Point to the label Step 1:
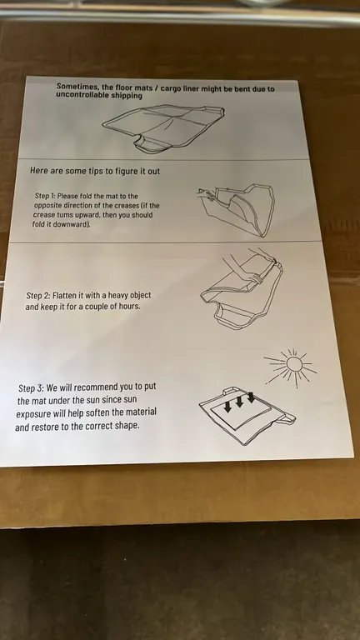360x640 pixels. click(45, 196)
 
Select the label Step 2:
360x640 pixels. click(38, 295)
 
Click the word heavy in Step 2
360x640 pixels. click(118, 295)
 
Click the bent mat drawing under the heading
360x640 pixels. click(163, 128)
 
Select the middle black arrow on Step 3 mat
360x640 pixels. click(240, 401)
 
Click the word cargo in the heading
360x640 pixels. click(172, 88)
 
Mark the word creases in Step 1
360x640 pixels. click(126, 205)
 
